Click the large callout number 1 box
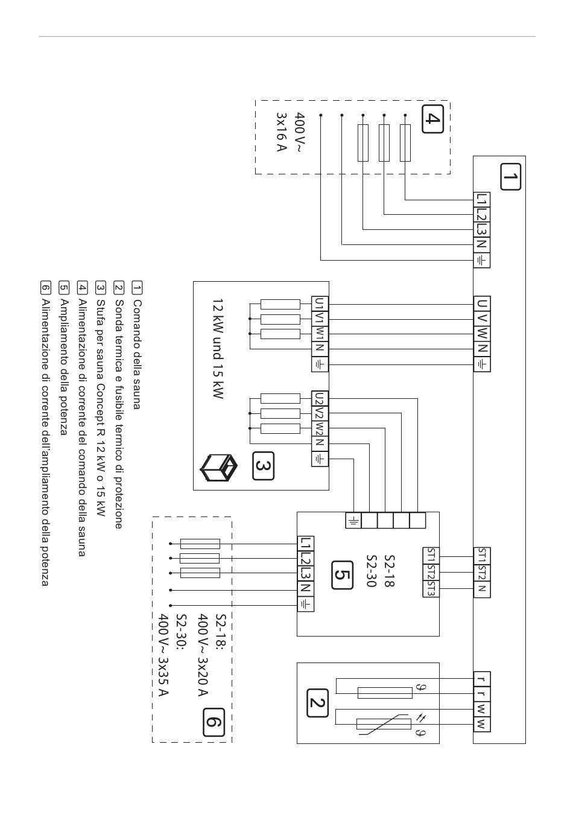(510, 177)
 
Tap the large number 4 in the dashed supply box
(432, 119)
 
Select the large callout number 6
(214, 722)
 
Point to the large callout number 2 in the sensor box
(317, 703)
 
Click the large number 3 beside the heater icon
(263, 466)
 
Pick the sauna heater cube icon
(218, 468)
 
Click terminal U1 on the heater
(320, 304)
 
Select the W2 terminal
(320, 429)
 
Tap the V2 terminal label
(320, 414)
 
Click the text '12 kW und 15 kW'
(218, 348)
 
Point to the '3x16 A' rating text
(281, 132)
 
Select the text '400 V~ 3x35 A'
(163, 655)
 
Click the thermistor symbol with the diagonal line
(384, 724)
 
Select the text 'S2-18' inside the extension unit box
(390, 571)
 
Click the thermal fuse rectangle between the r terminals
(385, 693)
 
